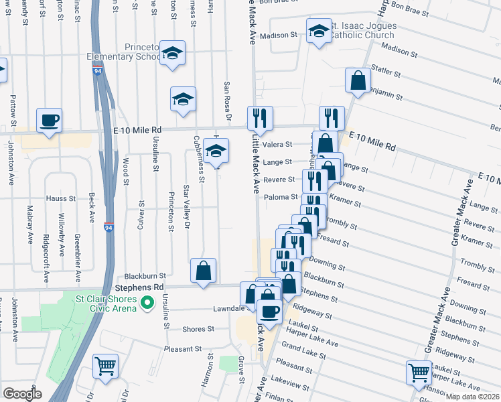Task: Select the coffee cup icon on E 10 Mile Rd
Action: [49, 121]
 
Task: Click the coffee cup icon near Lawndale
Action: [269, 312]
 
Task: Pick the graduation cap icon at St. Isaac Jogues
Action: [318, 31]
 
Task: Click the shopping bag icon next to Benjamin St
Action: [358, 80]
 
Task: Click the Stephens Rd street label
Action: [144, 287]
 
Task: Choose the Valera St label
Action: [278, 144]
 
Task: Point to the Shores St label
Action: [200, 329]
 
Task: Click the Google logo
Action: [22, 394]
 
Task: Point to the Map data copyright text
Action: [472, 396]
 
